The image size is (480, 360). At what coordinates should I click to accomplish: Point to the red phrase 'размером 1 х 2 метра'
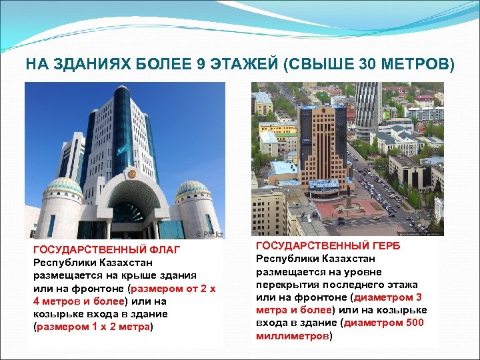click(x=93, y=327)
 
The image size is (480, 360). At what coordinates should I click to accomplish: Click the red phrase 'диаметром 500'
click(x=385, y=323)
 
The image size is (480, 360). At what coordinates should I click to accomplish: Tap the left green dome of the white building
click(x=64, y=187)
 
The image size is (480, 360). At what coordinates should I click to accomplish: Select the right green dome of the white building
click(x=193, y=188)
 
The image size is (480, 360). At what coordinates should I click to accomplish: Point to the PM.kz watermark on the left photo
click(x=209, y=234)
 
